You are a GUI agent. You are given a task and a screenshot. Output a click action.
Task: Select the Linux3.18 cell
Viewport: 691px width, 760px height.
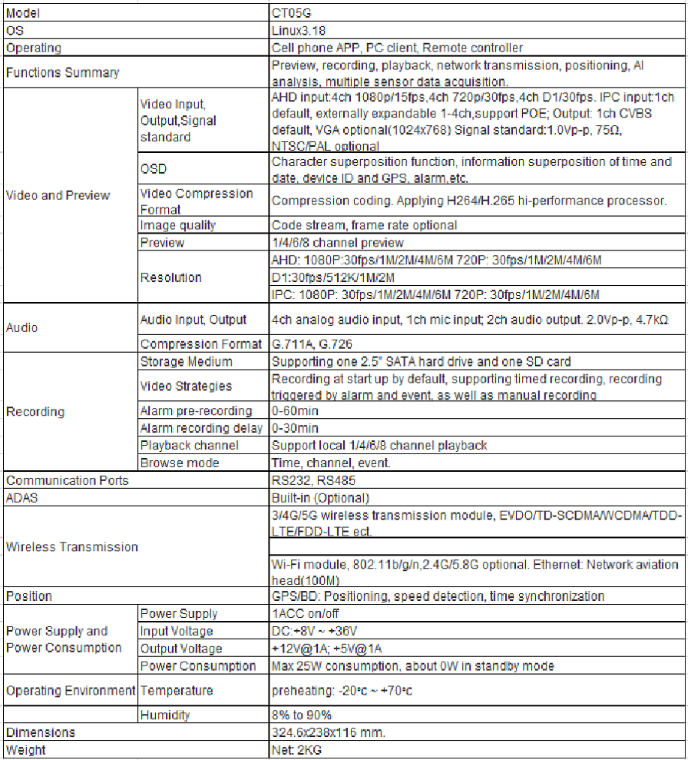(x=296, y=31)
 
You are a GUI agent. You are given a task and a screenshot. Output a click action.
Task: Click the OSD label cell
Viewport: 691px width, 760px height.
(x=154, y=169)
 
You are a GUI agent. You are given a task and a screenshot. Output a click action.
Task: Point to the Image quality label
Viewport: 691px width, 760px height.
(x=177, y=225)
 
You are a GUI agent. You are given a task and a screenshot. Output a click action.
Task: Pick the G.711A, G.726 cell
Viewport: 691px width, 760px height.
(x=312, y=344)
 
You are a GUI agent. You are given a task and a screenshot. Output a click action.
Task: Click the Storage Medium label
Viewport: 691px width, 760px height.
(x=186, y=361)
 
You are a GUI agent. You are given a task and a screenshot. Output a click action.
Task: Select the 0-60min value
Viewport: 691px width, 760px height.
(x=295, y=411)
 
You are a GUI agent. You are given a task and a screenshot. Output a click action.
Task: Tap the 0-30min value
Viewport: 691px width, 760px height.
(x=295, y=428)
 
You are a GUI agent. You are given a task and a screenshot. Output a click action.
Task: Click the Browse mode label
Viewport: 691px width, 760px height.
(x=180, y=463)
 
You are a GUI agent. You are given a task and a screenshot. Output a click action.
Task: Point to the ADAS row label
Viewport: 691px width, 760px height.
(x=22, y=497)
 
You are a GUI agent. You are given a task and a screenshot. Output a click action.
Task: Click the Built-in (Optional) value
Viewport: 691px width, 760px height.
(x=320, y=497)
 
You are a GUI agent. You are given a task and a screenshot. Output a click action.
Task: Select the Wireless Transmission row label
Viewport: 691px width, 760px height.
(x=72, y=547)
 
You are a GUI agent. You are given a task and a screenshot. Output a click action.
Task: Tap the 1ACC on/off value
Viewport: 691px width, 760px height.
(x=306, y=613)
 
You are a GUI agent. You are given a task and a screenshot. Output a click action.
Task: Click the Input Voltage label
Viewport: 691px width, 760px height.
(x=177, y=631)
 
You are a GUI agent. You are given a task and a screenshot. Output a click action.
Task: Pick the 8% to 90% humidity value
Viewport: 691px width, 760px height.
(x=302, y=715)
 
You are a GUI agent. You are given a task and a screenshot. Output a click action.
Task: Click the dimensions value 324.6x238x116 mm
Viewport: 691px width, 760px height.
(x=329, y=732)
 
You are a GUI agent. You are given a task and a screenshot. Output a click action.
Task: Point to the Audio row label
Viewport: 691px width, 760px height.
(x=22, y=327)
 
